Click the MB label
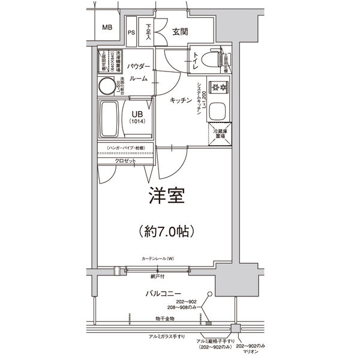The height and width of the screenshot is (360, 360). pyautogui.click(x=107, y=28)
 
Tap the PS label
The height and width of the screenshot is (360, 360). pyautogui.click(x=131, y=33)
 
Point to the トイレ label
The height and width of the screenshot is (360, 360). pyautogui.click(x=196, y=61)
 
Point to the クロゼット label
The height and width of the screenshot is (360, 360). pyautogui.click(x=125, y=161)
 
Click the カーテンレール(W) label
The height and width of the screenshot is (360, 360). pyautogui.click(x=157, y=259)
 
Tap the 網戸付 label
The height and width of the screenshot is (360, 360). pyautogui.click(x=159, y=277)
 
